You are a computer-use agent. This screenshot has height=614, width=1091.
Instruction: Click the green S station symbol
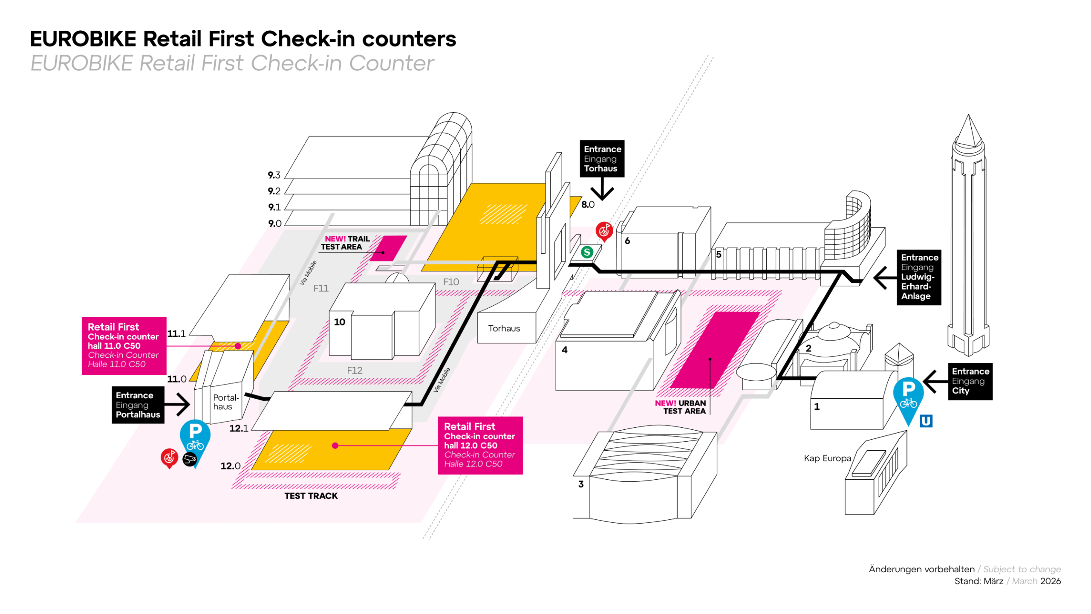coord(587,252)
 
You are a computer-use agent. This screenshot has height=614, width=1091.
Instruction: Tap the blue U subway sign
coord(925,421)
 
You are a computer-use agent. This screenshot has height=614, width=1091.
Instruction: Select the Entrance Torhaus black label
coord(601,159)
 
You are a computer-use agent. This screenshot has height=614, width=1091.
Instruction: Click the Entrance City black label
coord(970,381)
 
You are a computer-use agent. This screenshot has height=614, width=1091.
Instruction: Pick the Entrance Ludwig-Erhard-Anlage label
coord(918,277)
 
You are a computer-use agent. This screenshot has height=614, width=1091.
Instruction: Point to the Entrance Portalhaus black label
coord(138,405)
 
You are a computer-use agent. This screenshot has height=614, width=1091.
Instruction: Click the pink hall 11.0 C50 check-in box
coord(124,345)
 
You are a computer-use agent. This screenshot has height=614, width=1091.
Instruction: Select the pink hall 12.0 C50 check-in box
coord(480,445)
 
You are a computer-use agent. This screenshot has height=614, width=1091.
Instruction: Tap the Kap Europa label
coord(827,458)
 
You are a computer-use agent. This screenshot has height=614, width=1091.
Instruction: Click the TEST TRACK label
coord(311,496)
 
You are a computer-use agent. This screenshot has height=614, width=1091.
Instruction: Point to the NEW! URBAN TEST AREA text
coord(680,407)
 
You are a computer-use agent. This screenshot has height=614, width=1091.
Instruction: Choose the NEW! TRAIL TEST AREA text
coord(345,243)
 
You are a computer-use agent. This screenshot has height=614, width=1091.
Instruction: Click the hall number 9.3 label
coord(274,175)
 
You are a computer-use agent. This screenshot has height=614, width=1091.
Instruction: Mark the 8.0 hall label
coord(588,205)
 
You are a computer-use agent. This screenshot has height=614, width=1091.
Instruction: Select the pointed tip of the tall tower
coord(968,116)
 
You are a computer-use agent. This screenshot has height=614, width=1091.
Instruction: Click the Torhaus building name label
coord(504,328)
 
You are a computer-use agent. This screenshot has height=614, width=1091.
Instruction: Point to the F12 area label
coord(354,370)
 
